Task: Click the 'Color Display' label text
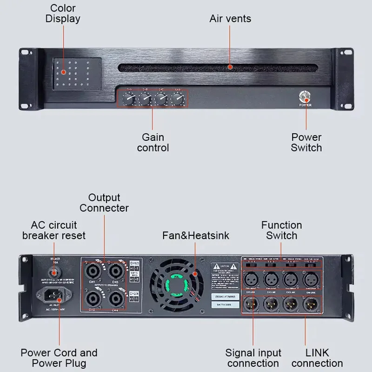pyautogui.click(x=62, y=13)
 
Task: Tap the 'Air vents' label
pyautogui.click(x=230, y=19)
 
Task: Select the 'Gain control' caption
pyautogui.click(x=153, y=142)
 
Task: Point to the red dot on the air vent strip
pyautogui.click(x=230, y=67)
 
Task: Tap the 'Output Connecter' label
pyautogui.click(x=104, y=203)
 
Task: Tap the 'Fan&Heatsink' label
pyautogui.click(x=195, y=236)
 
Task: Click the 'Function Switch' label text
pyautogui.click(x=281, y=230)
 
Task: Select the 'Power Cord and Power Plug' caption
pyautogui.click(x=59, y=358)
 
